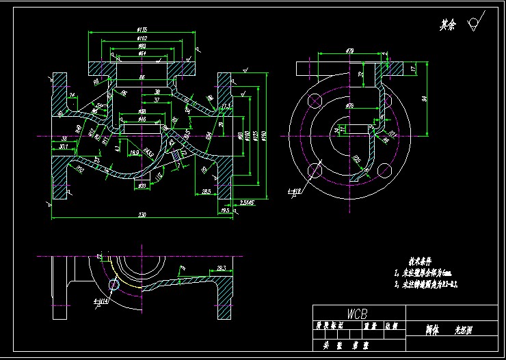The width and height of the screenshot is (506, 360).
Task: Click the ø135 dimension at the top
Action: (x=142, y=29)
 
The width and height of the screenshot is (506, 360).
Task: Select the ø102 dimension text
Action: (x=142, y=39)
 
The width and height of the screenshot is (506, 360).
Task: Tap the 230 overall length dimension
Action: (x=142, y=215)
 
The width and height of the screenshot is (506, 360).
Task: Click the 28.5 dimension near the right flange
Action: (x=206, y=192)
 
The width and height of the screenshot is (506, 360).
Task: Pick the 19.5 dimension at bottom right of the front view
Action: (x=225, y=211)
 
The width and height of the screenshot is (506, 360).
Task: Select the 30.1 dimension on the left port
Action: (x=64, y=146)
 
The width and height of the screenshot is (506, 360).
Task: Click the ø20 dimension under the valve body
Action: (x=142, y=186)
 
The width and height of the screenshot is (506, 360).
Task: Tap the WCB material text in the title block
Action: (x=357, y=314)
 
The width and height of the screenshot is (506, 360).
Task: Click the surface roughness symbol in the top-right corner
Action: (x=472, y=25)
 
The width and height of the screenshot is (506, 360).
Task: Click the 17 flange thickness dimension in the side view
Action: (x=413, y=69)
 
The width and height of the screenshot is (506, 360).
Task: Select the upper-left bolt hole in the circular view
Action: (x=315, y=100)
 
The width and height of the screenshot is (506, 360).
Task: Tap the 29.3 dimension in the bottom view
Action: (x=221, y=268)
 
